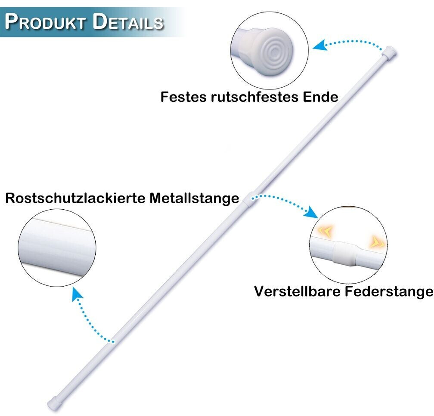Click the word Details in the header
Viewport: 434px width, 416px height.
[x=128, y=22]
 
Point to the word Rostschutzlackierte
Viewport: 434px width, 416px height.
[x=75, y=198]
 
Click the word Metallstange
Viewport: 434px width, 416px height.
[x=194, y=198]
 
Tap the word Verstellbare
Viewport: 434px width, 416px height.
[x=297, y=291]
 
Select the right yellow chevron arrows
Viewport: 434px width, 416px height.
[x=379, y=242]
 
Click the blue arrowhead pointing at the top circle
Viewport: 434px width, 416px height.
[x=319, y=45]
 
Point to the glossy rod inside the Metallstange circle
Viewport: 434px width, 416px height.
[x=57, y=245]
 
